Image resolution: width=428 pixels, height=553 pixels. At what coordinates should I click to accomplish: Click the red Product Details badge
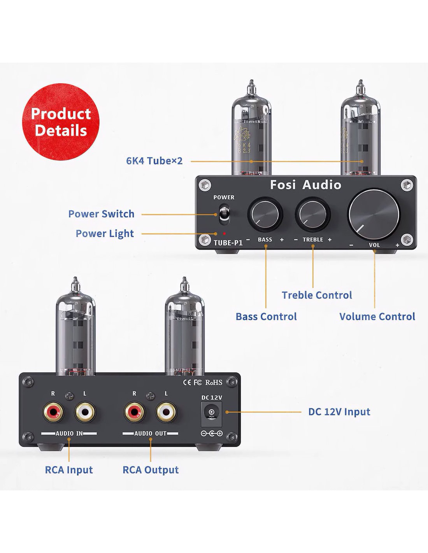[60, 122]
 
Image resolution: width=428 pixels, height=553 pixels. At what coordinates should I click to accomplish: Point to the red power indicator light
[225, 233]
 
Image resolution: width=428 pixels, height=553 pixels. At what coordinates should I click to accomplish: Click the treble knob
[312, 213]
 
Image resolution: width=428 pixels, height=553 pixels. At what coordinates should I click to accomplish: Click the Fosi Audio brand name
[305, 185]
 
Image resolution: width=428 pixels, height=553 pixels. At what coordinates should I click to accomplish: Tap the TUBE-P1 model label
[228, 243]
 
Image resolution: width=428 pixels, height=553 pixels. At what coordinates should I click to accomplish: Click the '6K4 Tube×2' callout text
[154, 161]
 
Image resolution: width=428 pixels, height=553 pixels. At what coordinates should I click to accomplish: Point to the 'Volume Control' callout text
[377, 317]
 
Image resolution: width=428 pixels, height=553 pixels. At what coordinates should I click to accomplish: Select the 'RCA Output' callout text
[151, 470]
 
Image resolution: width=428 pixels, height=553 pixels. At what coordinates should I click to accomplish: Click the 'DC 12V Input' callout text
[339, 412]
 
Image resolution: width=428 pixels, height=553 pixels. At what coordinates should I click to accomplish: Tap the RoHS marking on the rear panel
[214, 382]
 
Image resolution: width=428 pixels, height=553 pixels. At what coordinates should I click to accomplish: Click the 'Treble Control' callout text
[317, 295]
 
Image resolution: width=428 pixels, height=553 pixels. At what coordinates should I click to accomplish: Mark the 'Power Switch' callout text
[101, 214]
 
